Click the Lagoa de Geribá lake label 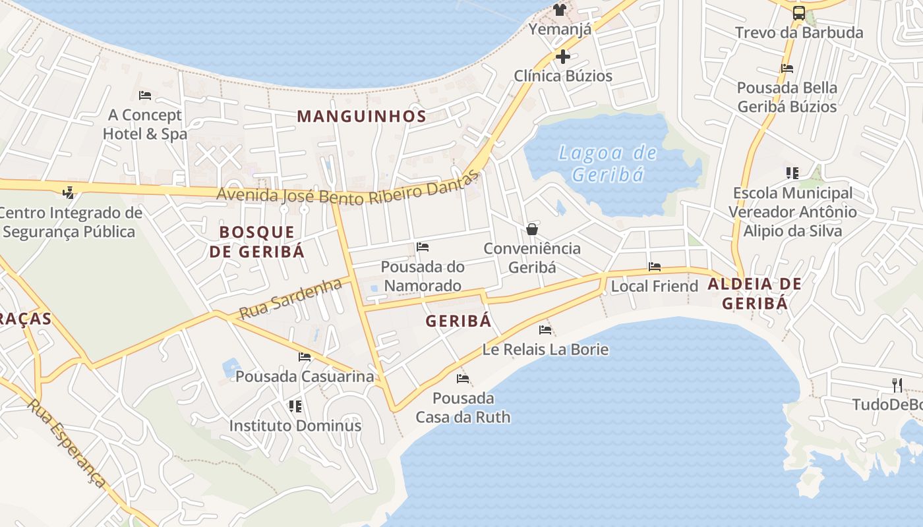click(607, 163)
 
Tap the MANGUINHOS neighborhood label click(361, 117)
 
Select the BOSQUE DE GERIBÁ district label click(257, 241)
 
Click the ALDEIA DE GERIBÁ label click(755, 293)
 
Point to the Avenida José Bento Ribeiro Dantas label click(347, 191)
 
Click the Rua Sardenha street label click(291, 298)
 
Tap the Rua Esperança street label click(67, 443)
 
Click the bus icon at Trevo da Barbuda click(798, 13)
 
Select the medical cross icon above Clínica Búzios click(562, 57)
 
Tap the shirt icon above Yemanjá click(560, 10)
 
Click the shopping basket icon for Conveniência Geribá click(532, 229)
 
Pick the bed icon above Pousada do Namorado click(423, 247)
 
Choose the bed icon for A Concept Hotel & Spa click(146, 96)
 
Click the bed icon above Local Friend click(655, 267)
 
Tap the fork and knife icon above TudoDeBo click(897, 385)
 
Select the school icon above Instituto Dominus click(295, 406)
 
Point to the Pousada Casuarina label click(305, 377)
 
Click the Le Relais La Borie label click(545, 349)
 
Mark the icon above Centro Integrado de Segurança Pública click(68, 193)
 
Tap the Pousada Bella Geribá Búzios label click(787, 97)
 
